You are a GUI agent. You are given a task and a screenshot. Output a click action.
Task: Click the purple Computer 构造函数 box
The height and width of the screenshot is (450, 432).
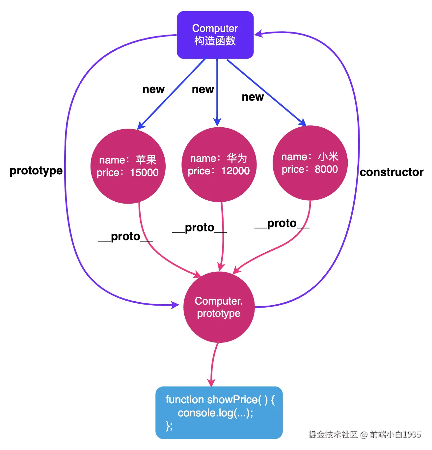coord(215,35)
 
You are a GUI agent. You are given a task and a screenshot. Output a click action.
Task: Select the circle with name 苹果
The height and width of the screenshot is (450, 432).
coord(128,166)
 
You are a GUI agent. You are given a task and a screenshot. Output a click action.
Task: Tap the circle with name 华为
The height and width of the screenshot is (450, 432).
coord(219,164)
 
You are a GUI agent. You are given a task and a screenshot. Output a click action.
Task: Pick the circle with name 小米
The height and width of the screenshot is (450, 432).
coord(310,163)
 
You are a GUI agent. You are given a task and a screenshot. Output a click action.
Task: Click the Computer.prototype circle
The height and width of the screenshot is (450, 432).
coord(219,307)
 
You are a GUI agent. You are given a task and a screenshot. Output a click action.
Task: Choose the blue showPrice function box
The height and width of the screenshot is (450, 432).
coord(219,413)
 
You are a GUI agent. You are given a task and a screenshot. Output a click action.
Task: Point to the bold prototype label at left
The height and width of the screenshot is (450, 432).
coord(36,171)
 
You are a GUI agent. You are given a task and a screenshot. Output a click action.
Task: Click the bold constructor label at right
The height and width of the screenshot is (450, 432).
coord(391,172)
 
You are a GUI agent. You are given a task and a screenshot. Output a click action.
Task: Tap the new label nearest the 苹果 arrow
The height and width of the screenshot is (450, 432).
coord(153,89)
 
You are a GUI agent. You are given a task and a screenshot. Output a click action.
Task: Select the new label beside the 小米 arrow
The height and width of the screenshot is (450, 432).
coord(253,97)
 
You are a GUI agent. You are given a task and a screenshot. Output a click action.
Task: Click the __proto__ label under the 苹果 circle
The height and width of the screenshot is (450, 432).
coord(125,237)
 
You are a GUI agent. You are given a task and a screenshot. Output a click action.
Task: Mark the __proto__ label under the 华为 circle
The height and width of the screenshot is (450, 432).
coord(200,228)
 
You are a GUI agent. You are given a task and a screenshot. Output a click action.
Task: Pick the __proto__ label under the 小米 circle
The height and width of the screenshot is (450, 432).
coord(282,223)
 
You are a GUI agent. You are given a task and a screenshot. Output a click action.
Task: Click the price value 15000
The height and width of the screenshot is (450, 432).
coord(144,173)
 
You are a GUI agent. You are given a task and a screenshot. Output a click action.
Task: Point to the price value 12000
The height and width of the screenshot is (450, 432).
coord(235,171)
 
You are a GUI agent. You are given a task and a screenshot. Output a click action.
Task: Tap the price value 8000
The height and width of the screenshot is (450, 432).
coord(326,169)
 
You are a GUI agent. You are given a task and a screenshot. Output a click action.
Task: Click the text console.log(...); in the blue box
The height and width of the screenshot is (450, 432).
coord(216,413)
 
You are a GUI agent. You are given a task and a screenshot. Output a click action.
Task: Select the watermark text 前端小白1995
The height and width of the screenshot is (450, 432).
coord(395,435)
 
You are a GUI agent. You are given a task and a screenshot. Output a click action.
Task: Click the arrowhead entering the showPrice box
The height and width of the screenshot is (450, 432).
coord(211,383)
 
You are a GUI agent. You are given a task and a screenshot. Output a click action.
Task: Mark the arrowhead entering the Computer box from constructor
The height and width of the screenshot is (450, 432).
coord(258,34)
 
